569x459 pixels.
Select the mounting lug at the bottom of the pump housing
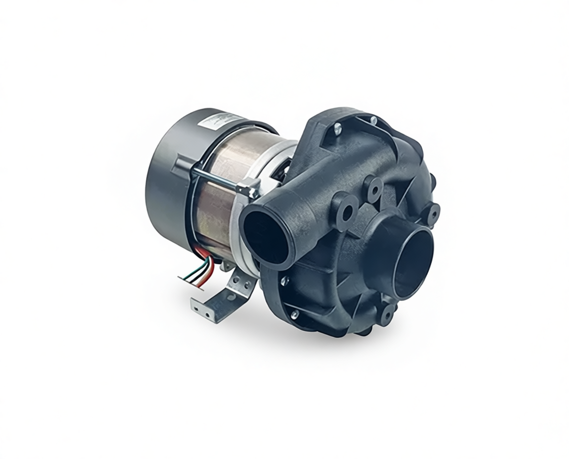pos(387,314)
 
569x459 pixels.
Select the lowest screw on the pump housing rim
pos(295,314)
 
